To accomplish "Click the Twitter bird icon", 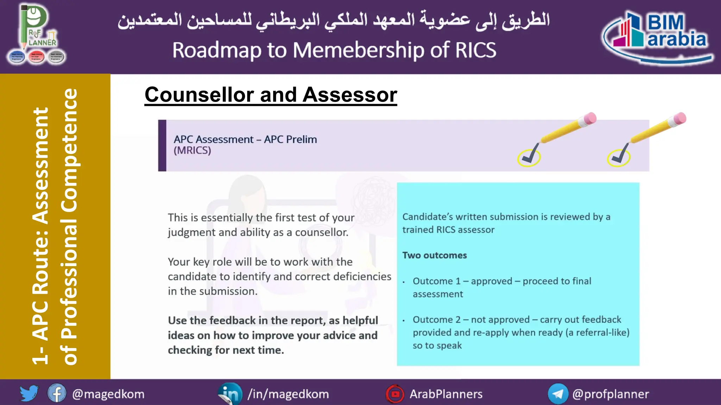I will [x=29, y=393].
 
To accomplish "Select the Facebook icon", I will [x=57, y=393].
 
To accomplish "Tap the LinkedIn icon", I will [x=230, y=394].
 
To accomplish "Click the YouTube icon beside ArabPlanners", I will [x=395, y=394].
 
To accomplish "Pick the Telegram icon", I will [x=558, y=394].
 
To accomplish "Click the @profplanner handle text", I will [x=610, y=394].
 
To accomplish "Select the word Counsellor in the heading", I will [x=199, y=95].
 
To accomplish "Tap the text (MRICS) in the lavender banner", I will [x=192, y=150].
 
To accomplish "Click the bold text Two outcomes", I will [x=434, y=255].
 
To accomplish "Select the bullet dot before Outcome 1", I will [x=404, y=282].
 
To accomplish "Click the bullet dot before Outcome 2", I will [x=404, y=321].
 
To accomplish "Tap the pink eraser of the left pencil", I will [x=589, y=118].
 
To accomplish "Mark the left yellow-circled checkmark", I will [x=529, y=157].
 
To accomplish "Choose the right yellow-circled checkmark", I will [x=619, y=157].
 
